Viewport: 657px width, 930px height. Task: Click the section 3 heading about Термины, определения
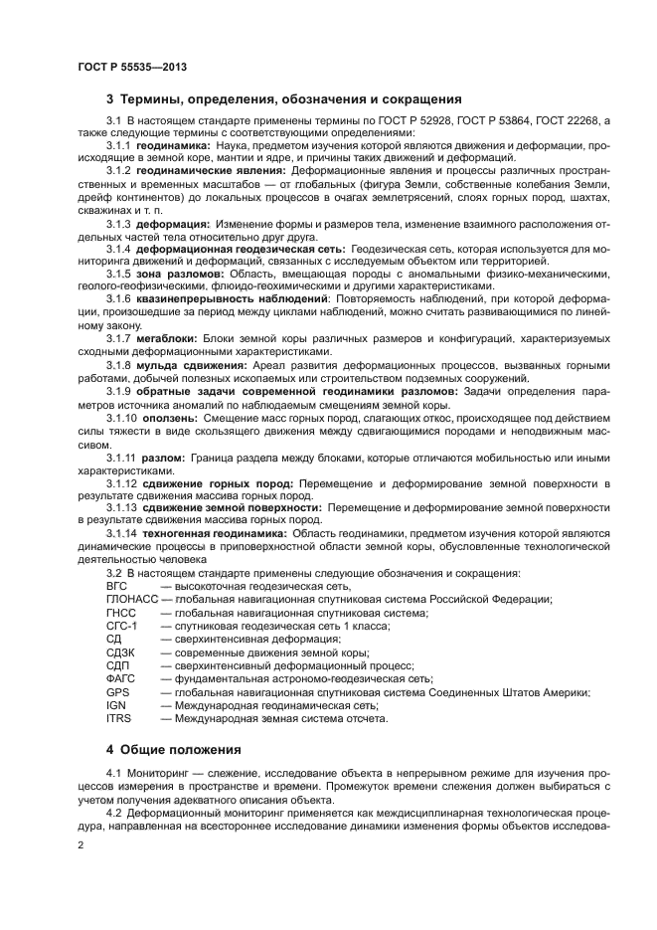(283, 99)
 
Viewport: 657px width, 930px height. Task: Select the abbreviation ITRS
(118, 717)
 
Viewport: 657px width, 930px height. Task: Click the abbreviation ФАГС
(119, 678)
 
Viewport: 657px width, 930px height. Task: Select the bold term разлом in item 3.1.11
(167, 457)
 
